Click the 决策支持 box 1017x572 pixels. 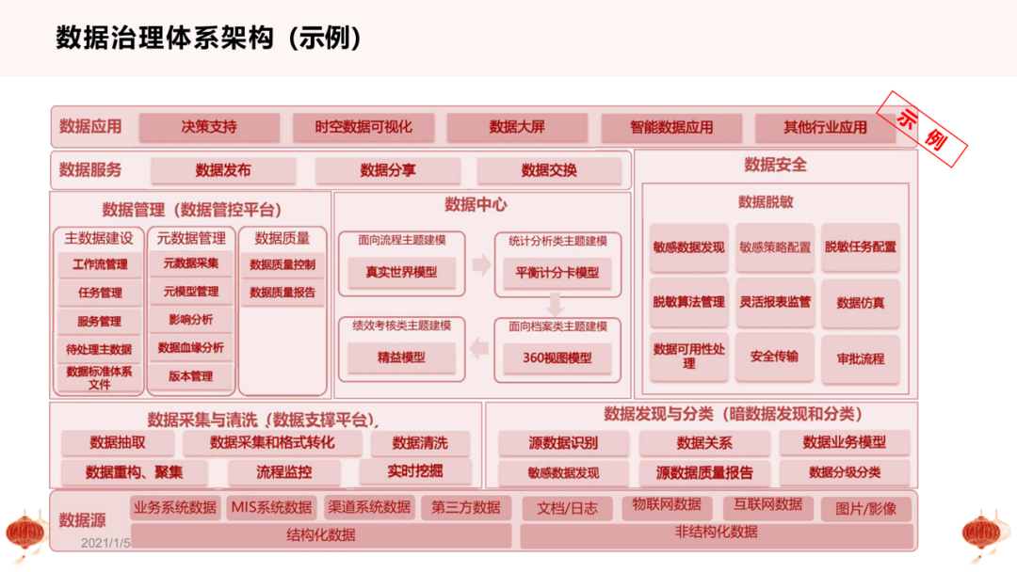pos(209,128)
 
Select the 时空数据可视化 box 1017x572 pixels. pos(363,128)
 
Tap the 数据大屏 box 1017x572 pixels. pos(517,128)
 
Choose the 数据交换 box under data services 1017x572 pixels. pos(549,171)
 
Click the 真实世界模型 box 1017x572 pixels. pos(400,273)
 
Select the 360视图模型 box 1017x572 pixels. pos(557,358)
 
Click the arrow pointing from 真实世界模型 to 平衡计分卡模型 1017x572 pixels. pos(481,265)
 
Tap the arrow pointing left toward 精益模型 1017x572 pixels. pos(480,350)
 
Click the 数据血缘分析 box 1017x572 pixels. pos(191,348)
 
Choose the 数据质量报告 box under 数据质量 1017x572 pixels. pos(282,294)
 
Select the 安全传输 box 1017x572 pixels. pos(774,357)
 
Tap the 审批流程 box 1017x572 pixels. pos(860,359)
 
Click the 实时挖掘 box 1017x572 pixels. pos(414,471)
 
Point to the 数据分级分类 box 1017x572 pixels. pos(844,472)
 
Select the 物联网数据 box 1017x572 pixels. pos(667,505)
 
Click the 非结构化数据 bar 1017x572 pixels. pos(716,533)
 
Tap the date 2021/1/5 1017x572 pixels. pos(105,543)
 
